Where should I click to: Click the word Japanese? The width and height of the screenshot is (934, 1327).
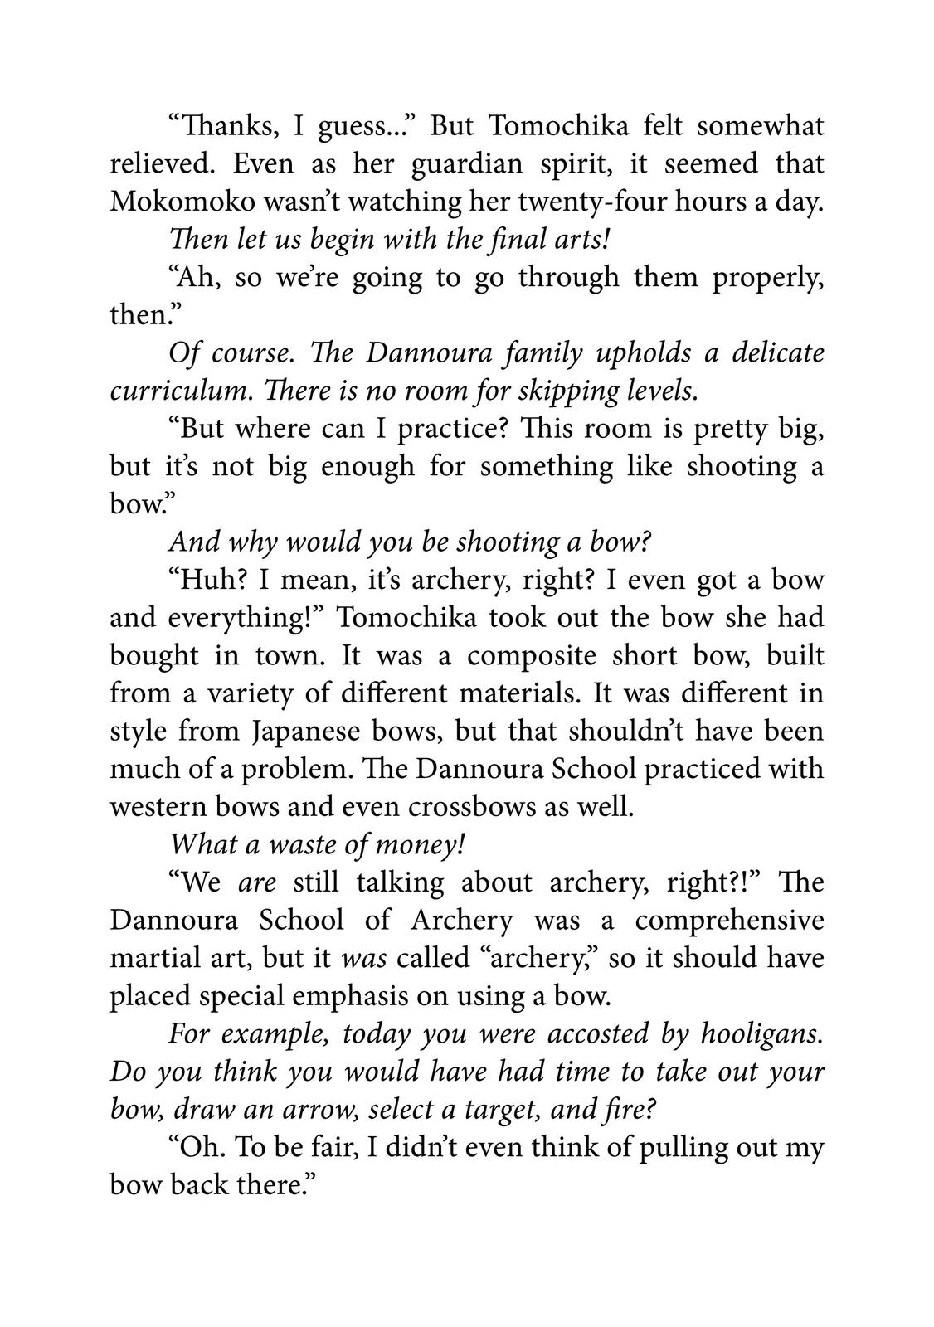320,731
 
